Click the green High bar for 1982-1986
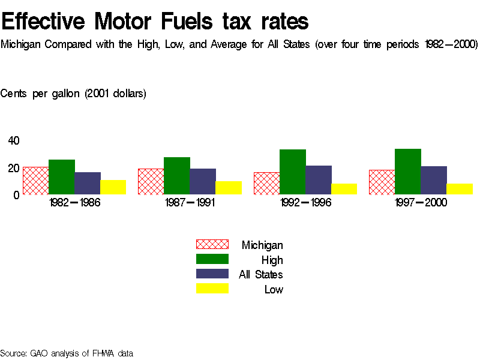pos(61,177)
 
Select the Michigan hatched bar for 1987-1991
pos(151,181)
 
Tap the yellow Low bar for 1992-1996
pos(344,189)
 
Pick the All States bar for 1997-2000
pos(434,180)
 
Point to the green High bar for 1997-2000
pos(408,172)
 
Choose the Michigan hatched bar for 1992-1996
pos(266,183)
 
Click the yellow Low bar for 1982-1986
pos(113,187)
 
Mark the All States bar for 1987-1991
pos(203,181)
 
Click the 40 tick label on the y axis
pos(14,141)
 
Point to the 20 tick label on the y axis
pos(14,168)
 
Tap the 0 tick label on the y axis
pos(17,194)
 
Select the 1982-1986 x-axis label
pos(74,203)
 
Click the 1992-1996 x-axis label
pos(305,203)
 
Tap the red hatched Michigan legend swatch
pos(212,244)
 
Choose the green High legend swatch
pos(212,259)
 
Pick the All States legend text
pos(261,275)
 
